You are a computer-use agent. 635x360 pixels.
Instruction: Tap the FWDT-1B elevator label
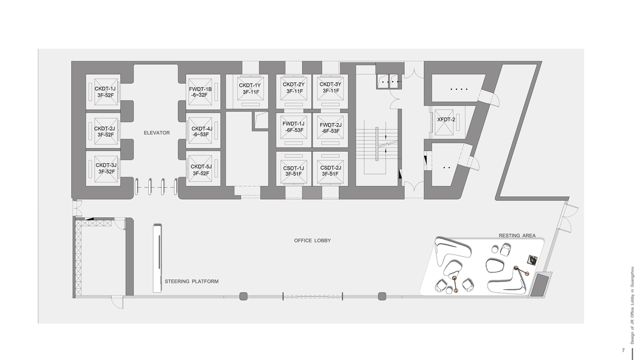pos(200,92)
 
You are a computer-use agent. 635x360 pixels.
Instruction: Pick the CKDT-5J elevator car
pos(201,168)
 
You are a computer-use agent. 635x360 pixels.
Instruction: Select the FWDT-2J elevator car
pos(330,128)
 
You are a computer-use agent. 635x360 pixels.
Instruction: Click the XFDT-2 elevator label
pos(446,119)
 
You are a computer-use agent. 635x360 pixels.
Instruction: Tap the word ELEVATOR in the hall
pos(157,133)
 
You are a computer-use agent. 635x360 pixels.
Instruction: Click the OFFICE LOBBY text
pos(312,241)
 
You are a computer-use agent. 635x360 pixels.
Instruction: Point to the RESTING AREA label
pos(517,236)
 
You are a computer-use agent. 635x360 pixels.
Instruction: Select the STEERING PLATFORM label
pos(191,281)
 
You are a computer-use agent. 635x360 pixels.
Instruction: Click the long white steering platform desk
pos(157,258)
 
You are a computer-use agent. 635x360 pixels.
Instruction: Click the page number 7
pos(623,350)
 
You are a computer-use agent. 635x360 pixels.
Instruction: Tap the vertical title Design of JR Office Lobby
pos(632,305)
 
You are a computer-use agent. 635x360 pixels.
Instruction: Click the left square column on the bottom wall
pos(243,296)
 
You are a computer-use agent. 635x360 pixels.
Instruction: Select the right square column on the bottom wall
pos(382,296)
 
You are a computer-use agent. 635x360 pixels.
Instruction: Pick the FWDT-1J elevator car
pos(294,128)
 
